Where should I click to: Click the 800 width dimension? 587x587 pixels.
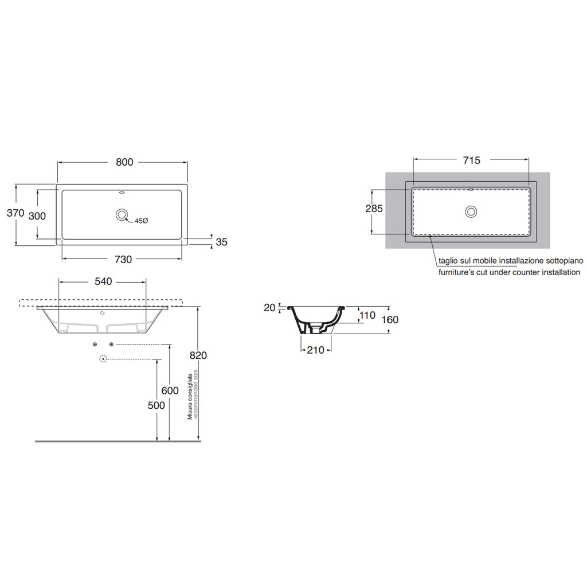click(x=124, y=162)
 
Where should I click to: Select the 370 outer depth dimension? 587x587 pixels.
click(x=15, y=213)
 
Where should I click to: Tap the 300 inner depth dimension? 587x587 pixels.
click(x=37, y=216)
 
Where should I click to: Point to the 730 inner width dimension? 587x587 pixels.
click(x=123, y=259)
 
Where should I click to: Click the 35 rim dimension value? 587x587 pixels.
click(x=221, y=242)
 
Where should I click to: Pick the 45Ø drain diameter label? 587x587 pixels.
click(x=142, y=221)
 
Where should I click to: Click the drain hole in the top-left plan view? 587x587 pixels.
click(x=122, y=215)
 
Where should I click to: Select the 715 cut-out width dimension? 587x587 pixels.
click(x=471, y=161)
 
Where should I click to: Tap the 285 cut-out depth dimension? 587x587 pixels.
click(x=374, y=209)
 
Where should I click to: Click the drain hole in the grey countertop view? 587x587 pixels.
click(x=471, y=211)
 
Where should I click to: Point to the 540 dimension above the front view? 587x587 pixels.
click(x=103, y=281)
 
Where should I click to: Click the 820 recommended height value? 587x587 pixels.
click(x=198, y=355)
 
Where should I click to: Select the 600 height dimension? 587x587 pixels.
click(x=170, y=391)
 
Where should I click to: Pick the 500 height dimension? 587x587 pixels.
click(x=156, y=405)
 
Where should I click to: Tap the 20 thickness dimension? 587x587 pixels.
click(x=269, y=308)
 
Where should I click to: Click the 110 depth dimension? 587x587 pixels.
click(x=367, y=315)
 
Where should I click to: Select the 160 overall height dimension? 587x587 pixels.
click(x=390, y=319)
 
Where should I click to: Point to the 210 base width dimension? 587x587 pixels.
click(x=315, y=350)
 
